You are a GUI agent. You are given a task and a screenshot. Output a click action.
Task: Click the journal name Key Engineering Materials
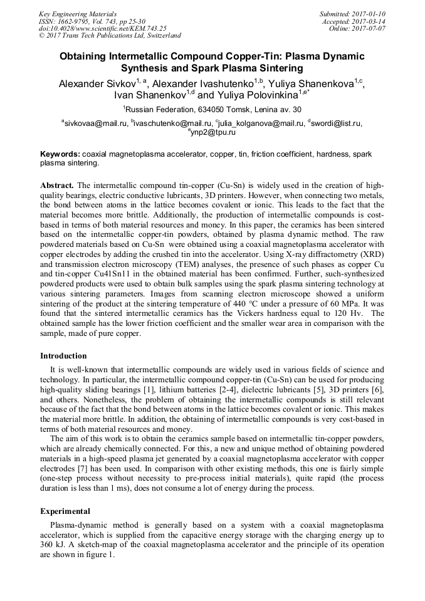click(x=78, y=13)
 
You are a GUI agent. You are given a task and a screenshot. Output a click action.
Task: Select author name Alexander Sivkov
click(x=99, y=83)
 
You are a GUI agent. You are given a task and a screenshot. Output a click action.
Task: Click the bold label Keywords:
click(x=60, y=154)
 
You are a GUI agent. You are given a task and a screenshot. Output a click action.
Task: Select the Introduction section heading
click(x=63, y=355)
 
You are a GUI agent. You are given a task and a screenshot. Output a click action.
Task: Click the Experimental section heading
click(x=65, y=511)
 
